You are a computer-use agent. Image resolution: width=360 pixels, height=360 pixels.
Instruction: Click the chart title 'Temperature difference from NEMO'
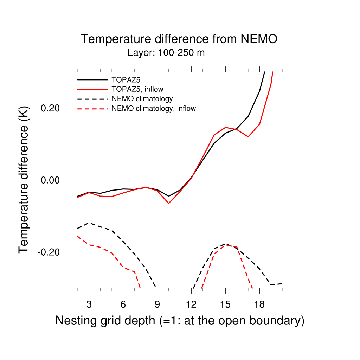point(179,39)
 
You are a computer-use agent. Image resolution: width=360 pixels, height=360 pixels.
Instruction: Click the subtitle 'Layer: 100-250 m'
point(166,53)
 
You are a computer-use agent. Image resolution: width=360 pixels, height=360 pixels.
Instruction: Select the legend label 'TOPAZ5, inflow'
point(137,89)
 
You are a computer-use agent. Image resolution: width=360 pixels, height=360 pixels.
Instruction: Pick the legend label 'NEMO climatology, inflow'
point(153,109)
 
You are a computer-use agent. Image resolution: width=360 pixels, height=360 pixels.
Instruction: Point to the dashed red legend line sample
point(92,109)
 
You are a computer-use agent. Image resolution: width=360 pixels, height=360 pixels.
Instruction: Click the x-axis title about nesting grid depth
point(180,321)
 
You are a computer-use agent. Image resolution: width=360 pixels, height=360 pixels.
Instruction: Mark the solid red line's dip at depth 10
point(168,203)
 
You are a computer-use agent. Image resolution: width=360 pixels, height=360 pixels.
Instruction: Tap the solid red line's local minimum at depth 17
point(248,136)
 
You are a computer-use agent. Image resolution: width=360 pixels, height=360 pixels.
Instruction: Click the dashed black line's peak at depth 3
point(89,223)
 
